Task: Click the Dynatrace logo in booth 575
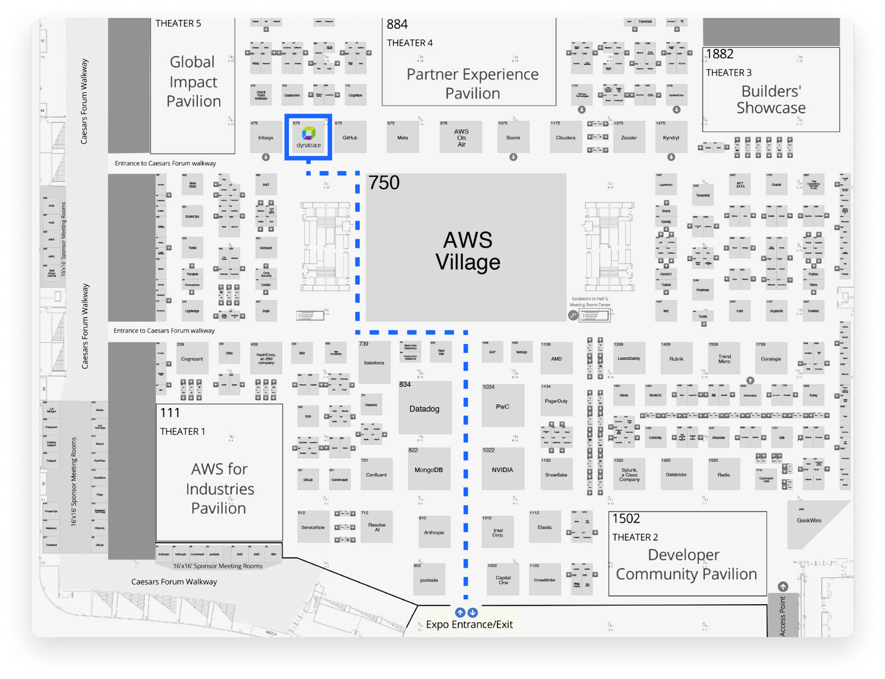(x=309, y=134)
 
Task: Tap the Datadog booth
(x=425, y=409)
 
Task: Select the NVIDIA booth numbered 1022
(x=502, y=470)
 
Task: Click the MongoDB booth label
(x=429, y=470)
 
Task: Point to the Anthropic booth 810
(x=434, y=532)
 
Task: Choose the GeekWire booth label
(x=809, y=520)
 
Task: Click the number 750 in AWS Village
(x=384, y=183)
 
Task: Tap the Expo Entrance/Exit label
(x=469, y=625)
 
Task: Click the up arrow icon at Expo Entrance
(x=460, y=613)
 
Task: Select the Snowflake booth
(x=556, y=475)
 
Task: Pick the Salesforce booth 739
(x=374, y=362)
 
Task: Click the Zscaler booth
(x=629, y=138)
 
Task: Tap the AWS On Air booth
(x=461, y=138)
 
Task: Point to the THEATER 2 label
(x=635, y=537)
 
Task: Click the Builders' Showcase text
(x=771, y=100)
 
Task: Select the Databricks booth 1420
(x=676, y=475)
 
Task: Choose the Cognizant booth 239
(x=192, y=359)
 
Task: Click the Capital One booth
(x=503, y=580)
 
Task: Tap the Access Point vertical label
(x=782, y=616)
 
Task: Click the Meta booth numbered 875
(x=403, y=138)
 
